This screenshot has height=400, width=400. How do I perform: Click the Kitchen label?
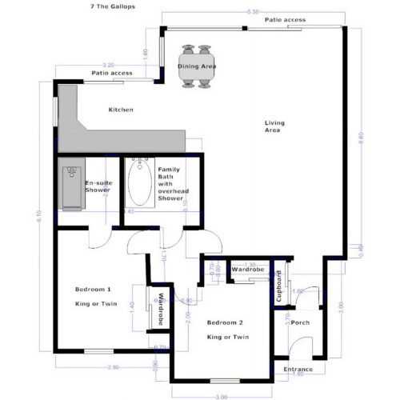click(x=122, y=110)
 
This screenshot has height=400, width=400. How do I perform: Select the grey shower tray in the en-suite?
click(x=71, y=186)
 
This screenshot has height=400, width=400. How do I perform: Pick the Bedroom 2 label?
click(x=225, y=322)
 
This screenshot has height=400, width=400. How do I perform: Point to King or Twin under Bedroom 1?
click(x=93, y=304)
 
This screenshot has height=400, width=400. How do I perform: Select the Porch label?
click(x=300, y=322)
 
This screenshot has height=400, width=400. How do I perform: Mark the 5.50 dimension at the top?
click(x=253, y=12)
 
